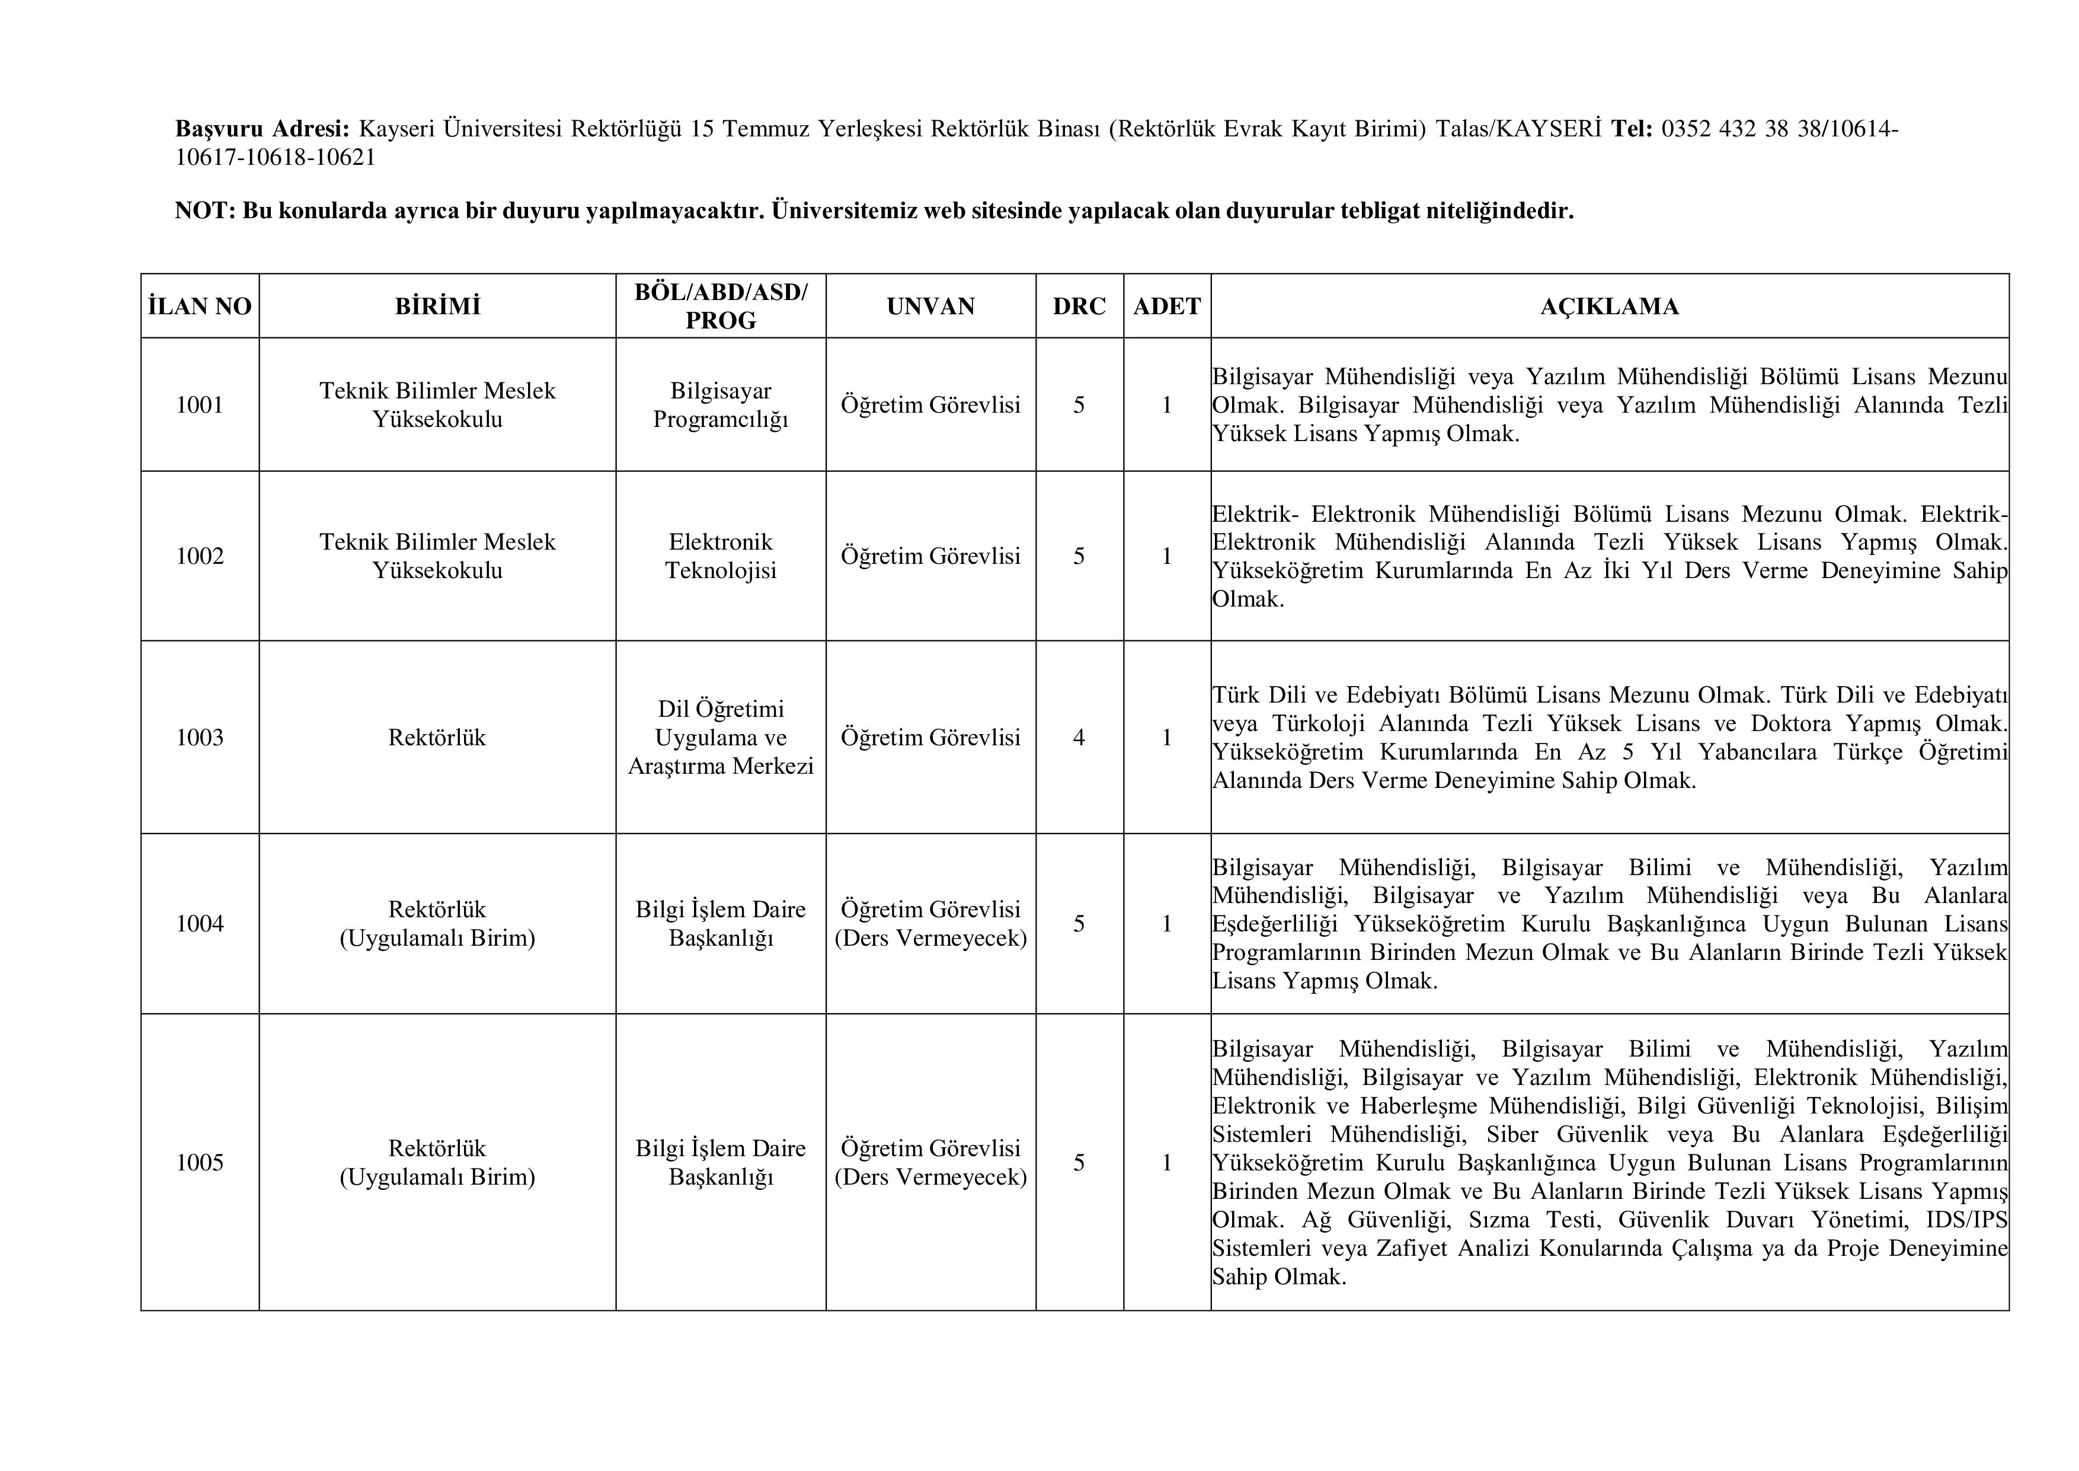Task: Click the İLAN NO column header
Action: pos(199,306)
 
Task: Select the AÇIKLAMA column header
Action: pos(1609,306)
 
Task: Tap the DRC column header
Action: pos(1079,306)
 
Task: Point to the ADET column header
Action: pos(1166,306)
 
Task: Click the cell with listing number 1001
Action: pos(199,405)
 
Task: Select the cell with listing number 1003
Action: pos(199,738)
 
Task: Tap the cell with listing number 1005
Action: pos(199,1162)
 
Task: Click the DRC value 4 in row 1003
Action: pos(1079,738)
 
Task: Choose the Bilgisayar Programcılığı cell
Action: pos(721,405)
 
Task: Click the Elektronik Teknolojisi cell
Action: pos(721,556)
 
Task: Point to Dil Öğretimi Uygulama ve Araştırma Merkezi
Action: pos(721,738)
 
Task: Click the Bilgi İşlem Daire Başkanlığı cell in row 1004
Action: pos(721,923)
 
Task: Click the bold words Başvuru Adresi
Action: pos(262,129)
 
